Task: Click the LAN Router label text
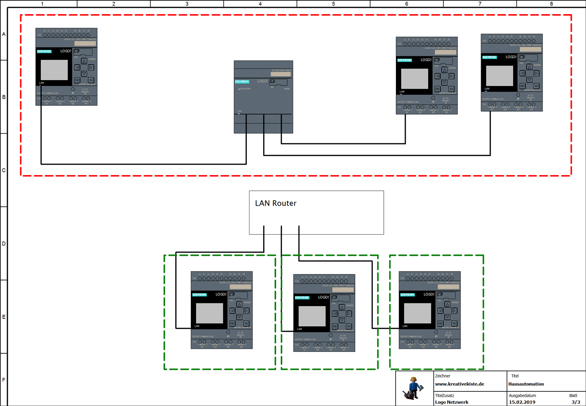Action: pyautogui.click(x=276, y=203)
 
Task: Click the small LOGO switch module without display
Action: pyautogui.click(x=263, y=97)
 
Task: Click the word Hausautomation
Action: pyautogui.click(x=526, y=384)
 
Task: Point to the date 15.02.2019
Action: pyautogui.click(x=522, y=402)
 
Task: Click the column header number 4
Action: pyautogui.click(x=260, y=4)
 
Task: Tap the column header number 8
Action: pyautogui.click(x=551, y=4)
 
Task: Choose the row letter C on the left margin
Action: pyautogui.click(x=4, y=170)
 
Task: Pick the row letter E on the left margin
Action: pyautogui.click(x=4, y=317)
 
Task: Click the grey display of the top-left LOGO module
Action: pyautogui.click(x=54, y=70)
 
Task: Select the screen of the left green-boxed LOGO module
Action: pyautogui.click(x=209, y=313)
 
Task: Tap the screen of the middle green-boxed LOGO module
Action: pyautogui.click(x=312, y=316)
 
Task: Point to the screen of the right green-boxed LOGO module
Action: pyautogui.click(x=417, y=313)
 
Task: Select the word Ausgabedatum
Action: pyautogui.click(x=522, y=395)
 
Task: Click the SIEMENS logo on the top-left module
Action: pyautogui.click(x=44, y=51)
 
